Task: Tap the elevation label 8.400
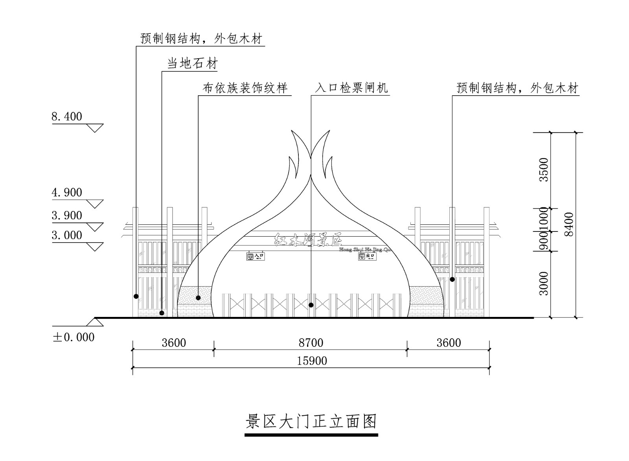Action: (67, 117)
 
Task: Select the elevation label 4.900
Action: (67, 193)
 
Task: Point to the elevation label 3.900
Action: (67, 215)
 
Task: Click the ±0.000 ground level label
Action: (74, 337)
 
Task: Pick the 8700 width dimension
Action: (311, 343)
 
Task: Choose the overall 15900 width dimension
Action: (312, 361)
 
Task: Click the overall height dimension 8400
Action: (568, 224)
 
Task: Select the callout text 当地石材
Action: (192, 64)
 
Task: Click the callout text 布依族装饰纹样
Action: (245, 87)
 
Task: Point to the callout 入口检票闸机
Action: (351, 87)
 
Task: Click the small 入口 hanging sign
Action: (256, 257)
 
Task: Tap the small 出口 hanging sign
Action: (367, 257)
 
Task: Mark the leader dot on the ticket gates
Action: (311, 305)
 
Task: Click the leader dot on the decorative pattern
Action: (199, 298)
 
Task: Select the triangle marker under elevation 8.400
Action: (95, 128)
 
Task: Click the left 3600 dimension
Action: (174, 343)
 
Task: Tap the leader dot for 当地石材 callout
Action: (162, 313)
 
